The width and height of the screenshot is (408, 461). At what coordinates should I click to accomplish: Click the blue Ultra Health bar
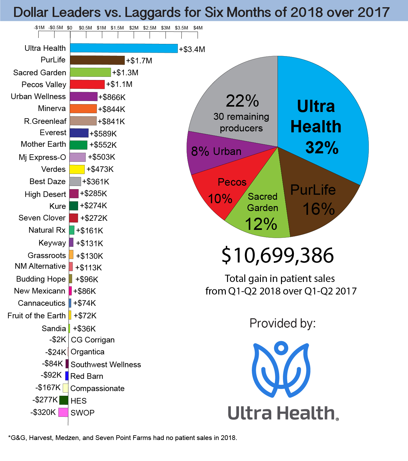point(124,48)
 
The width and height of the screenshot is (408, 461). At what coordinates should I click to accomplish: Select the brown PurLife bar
point(97,60)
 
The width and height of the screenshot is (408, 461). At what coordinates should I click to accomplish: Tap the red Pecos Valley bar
point(87,84)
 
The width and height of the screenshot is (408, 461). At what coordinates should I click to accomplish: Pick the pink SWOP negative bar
point(63,412)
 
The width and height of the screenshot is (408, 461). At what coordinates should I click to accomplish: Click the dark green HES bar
point(64,400)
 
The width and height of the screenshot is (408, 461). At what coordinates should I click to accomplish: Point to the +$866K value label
point(112,97)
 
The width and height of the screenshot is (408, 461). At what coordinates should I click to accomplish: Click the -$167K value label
point(48,388)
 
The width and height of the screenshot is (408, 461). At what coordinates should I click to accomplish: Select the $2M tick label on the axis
point(134,28)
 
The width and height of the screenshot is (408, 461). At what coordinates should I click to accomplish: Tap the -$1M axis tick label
point(39,28)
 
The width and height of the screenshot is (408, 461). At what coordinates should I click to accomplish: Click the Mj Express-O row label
point(42,157)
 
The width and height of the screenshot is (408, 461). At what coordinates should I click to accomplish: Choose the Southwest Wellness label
point(106,364)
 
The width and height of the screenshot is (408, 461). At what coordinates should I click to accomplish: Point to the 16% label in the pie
point(319,209)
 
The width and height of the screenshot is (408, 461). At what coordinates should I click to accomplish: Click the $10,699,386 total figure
point(278,255)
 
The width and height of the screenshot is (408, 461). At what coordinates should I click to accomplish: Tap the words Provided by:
point(283,323)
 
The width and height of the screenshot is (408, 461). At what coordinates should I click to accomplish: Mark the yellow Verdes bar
point(77,169)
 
